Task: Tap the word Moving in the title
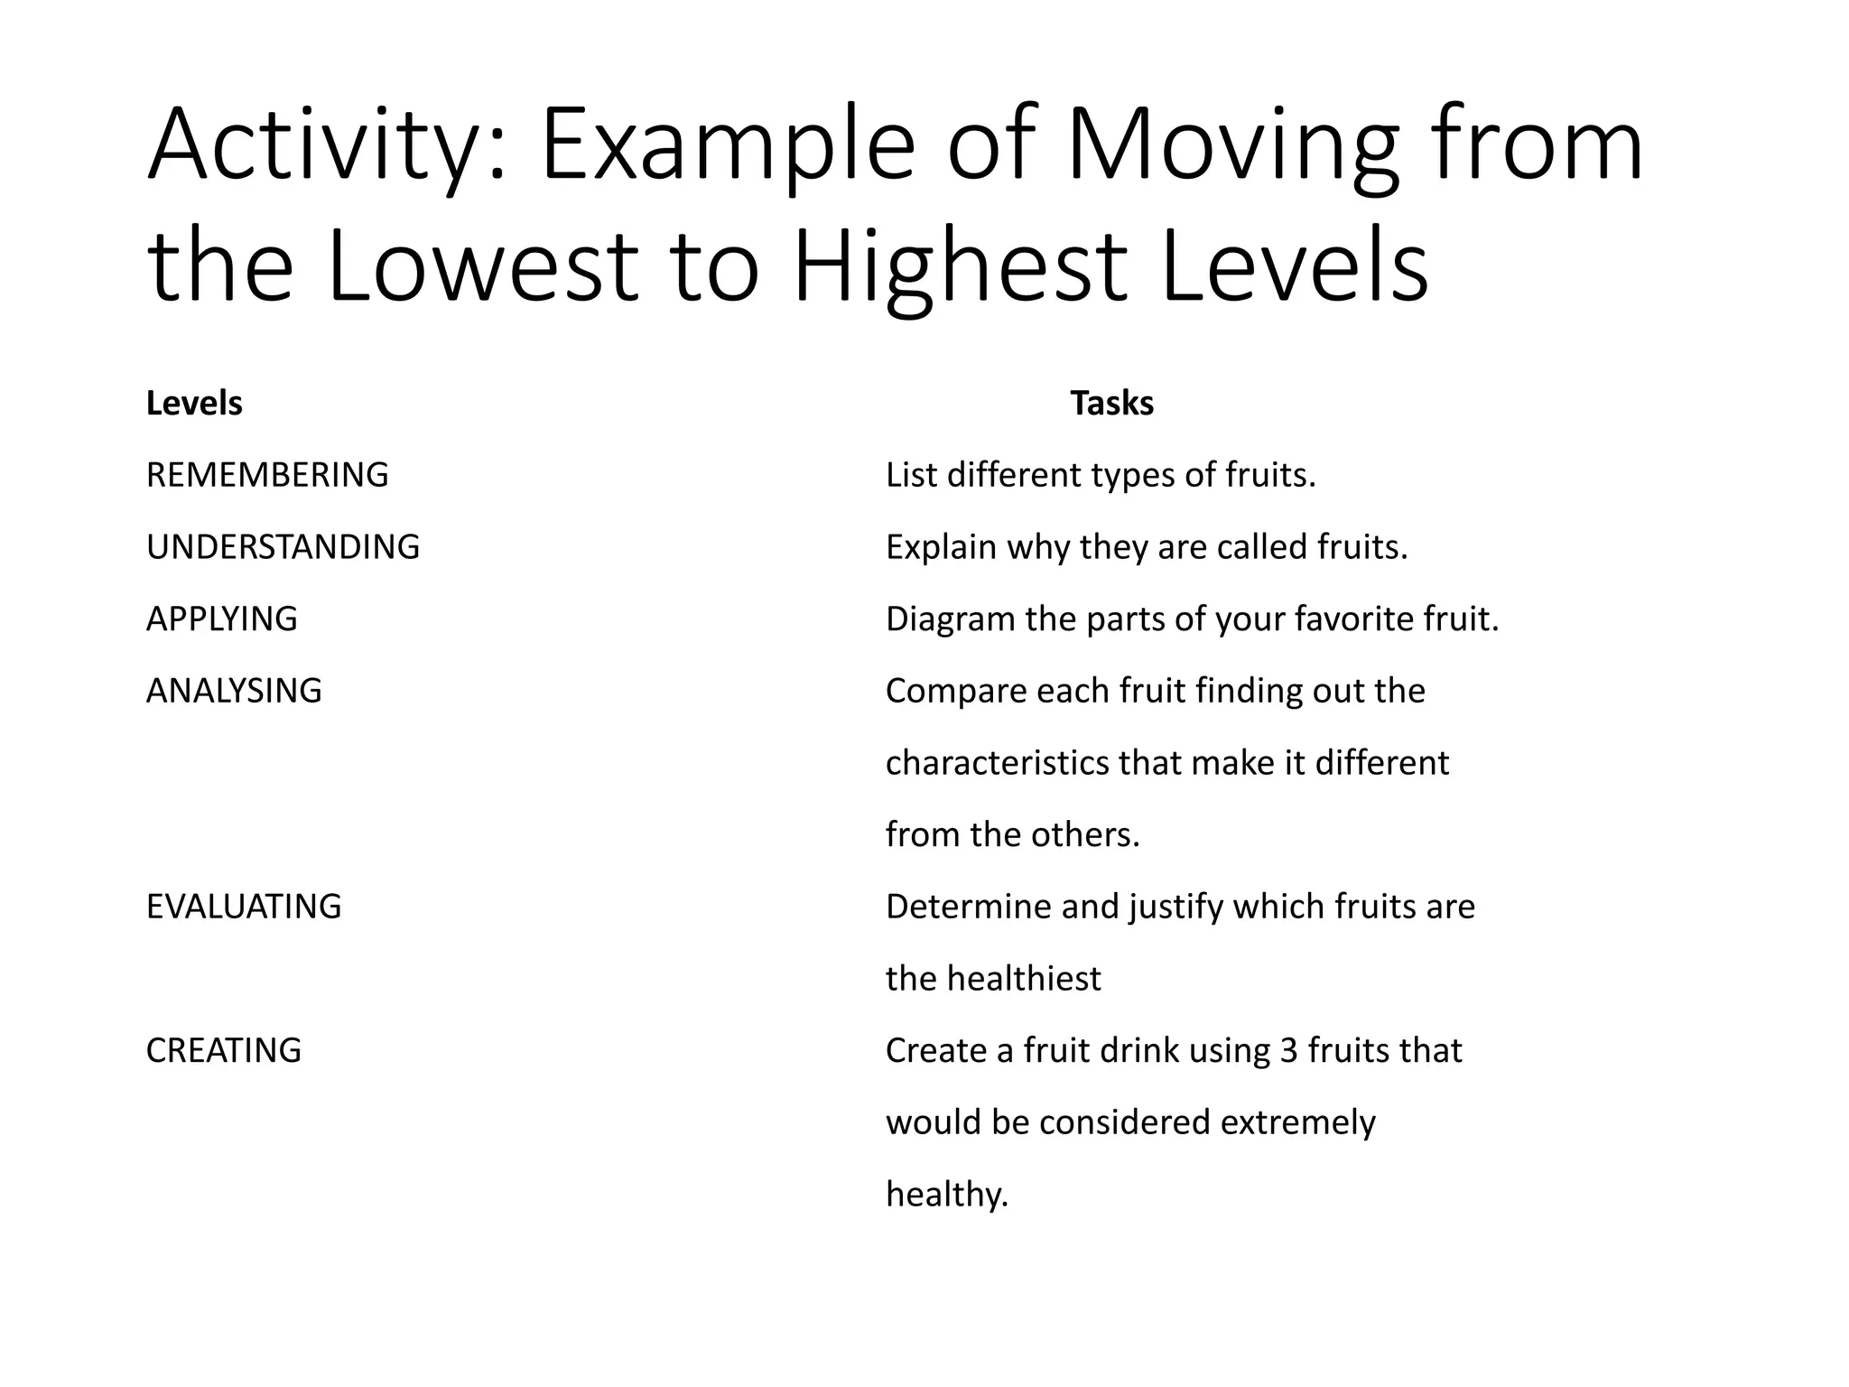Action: [1232, 146]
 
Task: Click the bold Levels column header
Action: [194, 404]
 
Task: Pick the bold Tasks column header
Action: [1111, 404]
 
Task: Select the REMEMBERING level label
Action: [267, 475]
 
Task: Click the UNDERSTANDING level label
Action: [283, 547]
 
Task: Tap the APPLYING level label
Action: [221, 619]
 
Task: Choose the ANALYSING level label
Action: [234, 691]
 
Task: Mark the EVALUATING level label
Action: [244, 907]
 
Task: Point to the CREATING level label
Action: [224, 1050]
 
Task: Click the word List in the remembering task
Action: [911, 475]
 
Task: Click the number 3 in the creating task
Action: [1288, 1050]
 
